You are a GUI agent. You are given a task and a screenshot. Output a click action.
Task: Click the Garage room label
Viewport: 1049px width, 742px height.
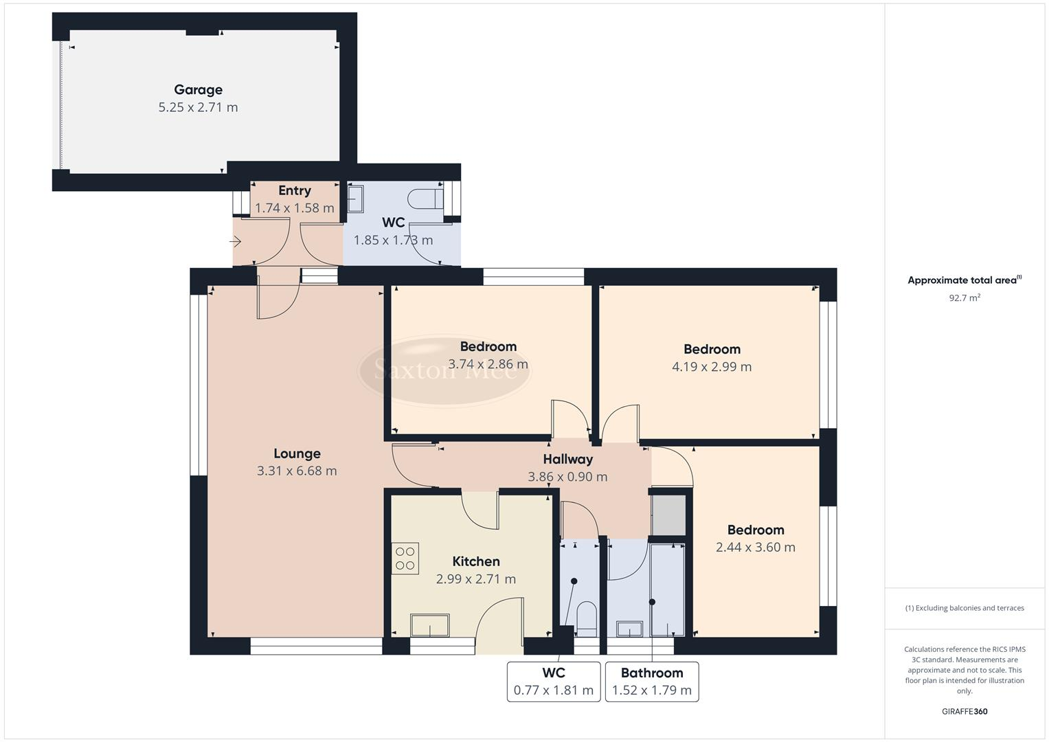pos(198,89)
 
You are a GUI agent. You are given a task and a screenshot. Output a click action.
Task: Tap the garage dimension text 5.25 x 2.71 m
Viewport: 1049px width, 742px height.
pos(198,107)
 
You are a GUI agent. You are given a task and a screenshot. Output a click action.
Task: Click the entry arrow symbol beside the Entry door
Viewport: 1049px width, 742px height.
pos(236,241)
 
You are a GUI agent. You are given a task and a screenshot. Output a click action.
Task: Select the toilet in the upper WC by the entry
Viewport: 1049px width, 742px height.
pos(425,199)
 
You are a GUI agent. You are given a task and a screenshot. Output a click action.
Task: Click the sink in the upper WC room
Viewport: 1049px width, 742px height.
pos(355,199)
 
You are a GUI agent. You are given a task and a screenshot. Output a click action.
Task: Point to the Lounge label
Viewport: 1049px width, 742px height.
pos(297,453)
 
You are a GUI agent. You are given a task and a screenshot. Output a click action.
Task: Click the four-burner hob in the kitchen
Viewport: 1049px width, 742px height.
pos(405,559)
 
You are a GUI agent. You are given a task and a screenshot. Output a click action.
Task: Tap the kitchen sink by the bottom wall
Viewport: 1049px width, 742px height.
pos(430,626)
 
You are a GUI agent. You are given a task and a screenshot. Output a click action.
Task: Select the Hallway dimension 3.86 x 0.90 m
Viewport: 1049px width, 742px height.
pos(567,477)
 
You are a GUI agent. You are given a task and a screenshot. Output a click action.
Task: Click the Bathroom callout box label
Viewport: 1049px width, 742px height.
pos(652,673)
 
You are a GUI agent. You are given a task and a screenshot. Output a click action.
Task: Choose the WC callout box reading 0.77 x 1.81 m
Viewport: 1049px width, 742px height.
pos(554,690)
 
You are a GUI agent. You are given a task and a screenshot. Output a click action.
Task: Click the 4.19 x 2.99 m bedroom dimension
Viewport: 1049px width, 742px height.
pos(712,367)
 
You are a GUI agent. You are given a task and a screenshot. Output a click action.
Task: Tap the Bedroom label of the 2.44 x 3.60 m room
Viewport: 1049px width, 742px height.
pos(756,530)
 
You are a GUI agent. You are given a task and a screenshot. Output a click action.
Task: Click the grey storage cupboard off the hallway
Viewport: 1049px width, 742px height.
pos(668,515)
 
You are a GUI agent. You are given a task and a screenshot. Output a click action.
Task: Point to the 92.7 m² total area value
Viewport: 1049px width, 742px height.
pos(965,298)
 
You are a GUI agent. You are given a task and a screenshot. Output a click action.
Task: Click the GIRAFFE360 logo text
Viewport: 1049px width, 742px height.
pos(965,712)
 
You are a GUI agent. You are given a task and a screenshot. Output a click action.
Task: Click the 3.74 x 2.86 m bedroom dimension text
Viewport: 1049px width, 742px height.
pos(488,364)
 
